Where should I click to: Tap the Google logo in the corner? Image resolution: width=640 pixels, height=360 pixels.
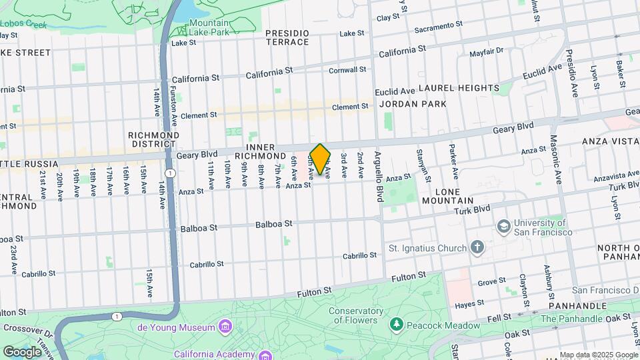(x=22, y=351)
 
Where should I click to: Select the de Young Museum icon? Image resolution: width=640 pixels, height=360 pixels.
(x=225, y=327)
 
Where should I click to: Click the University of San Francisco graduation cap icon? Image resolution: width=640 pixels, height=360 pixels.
(x=503, y=227)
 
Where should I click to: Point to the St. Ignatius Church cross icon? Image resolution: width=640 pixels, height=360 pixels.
(x=477, y=249)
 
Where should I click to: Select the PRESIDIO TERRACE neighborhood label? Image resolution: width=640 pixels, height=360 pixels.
(x=287, y=37)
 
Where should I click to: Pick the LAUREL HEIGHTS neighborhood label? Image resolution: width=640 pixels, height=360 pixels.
(x=459, y=88)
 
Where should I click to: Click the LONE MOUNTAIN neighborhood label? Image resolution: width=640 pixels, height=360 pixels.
(x=446, y=195)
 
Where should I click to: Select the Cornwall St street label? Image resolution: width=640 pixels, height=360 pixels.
(x=347, y=69)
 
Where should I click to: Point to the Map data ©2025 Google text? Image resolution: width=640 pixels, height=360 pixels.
(x=598, y=355)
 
